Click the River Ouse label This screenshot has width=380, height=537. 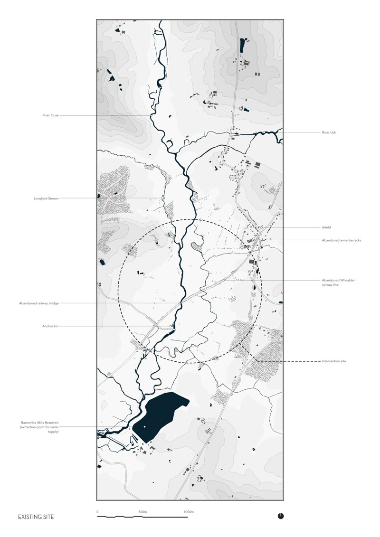point(50,115)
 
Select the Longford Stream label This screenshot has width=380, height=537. point(46,198)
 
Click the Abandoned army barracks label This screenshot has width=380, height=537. point(342,240)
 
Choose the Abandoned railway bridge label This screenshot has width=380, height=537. point(39,303)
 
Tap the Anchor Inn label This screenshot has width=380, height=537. point(50,326)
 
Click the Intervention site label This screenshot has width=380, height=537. point(334,361)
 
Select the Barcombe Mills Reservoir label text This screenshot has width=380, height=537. point(39,426)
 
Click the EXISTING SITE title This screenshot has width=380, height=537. point(36,517)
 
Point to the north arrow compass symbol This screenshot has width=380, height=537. point(281,516)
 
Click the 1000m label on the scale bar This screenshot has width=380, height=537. point(189,512)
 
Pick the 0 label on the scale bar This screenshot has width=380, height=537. point(97,512)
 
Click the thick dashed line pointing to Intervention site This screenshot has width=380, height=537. point(285,361)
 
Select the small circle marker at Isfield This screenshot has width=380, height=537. point(261,228)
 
